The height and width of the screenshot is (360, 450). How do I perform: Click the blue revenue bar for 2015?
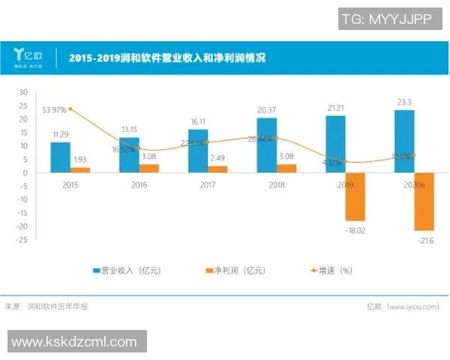coord(60,157)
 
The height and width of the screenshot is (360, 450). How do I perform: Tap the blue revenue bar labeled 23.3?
coord(404,142)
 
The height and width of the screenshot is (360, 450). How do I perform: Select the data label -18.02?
coord(355,231)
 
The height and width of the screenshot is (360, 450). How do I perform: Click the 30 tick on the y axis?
coord(23,92)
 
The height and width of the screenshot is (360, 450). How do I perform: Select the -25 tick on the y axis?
coord(22,240)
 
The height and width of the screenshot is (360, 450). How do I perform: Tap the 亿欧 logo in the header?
coord(28,56)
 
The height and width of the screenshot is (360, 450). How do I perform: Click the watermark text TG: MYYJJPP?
coord(385,20)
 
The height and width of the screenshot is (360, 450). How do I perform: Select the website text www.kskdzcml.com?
coord(74,342)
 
